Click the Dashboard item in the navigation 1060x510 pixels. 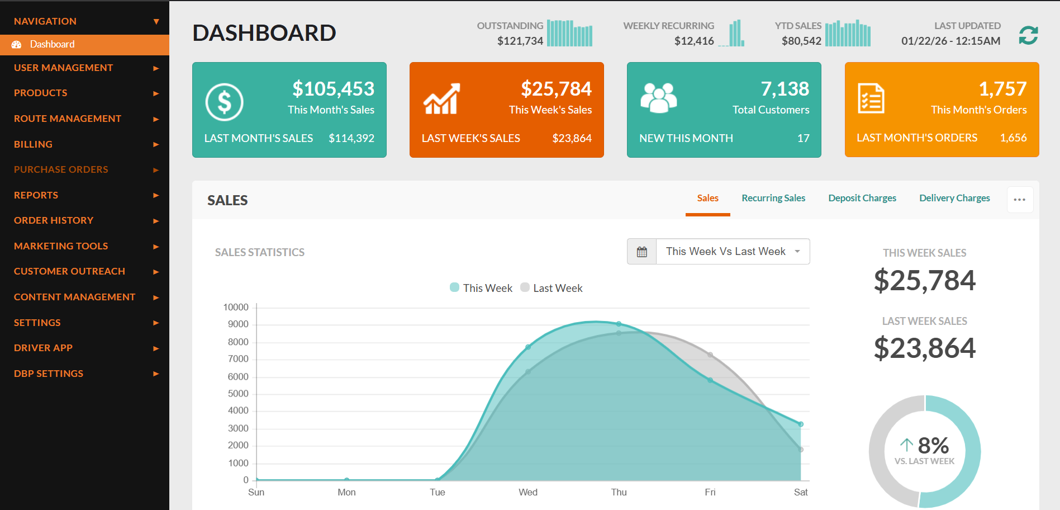(x=51, y=44)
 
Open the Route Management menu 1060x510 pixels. (x=68, y=119)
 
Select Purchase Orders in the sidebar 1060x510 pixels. (x=61, y=169)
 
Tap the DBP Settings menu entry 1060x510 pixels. (x=49, y=374)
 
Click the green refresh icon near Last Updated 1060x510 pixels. (x=1028, y=35)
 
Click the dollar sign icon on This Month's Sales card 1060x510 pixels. (x=224, y=102)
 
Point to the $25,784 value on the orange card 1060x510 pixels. (x=556, y=89)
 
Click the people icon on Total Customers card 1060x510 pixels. (x=658, y=98)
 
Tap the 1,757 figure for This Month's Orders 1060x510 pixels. (x=1002, y=89)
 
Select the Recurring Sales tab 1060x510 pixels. (x=773, y=198)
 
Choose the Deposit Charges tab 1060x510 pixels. (x=862, y=198)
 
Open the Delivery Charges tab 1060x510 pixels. (x=954, y=198)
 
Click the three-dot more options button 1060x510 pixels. (x=1020, y=200)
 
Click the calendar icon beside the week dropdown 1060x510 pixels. (x=642, y=252)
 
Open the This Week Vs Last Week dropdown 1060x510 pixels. (x=732, y=252)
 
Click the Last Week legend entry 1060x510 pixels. (x=552, y=288)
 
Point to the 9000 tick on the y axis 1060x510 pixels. (x=238, y=324)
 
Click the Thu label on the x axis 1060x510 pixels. (x=619, y=492)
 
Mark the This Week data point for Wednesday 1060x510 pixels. (x=528, y=347)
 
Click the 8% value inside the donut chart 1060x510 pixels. (x=933, y=446)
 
